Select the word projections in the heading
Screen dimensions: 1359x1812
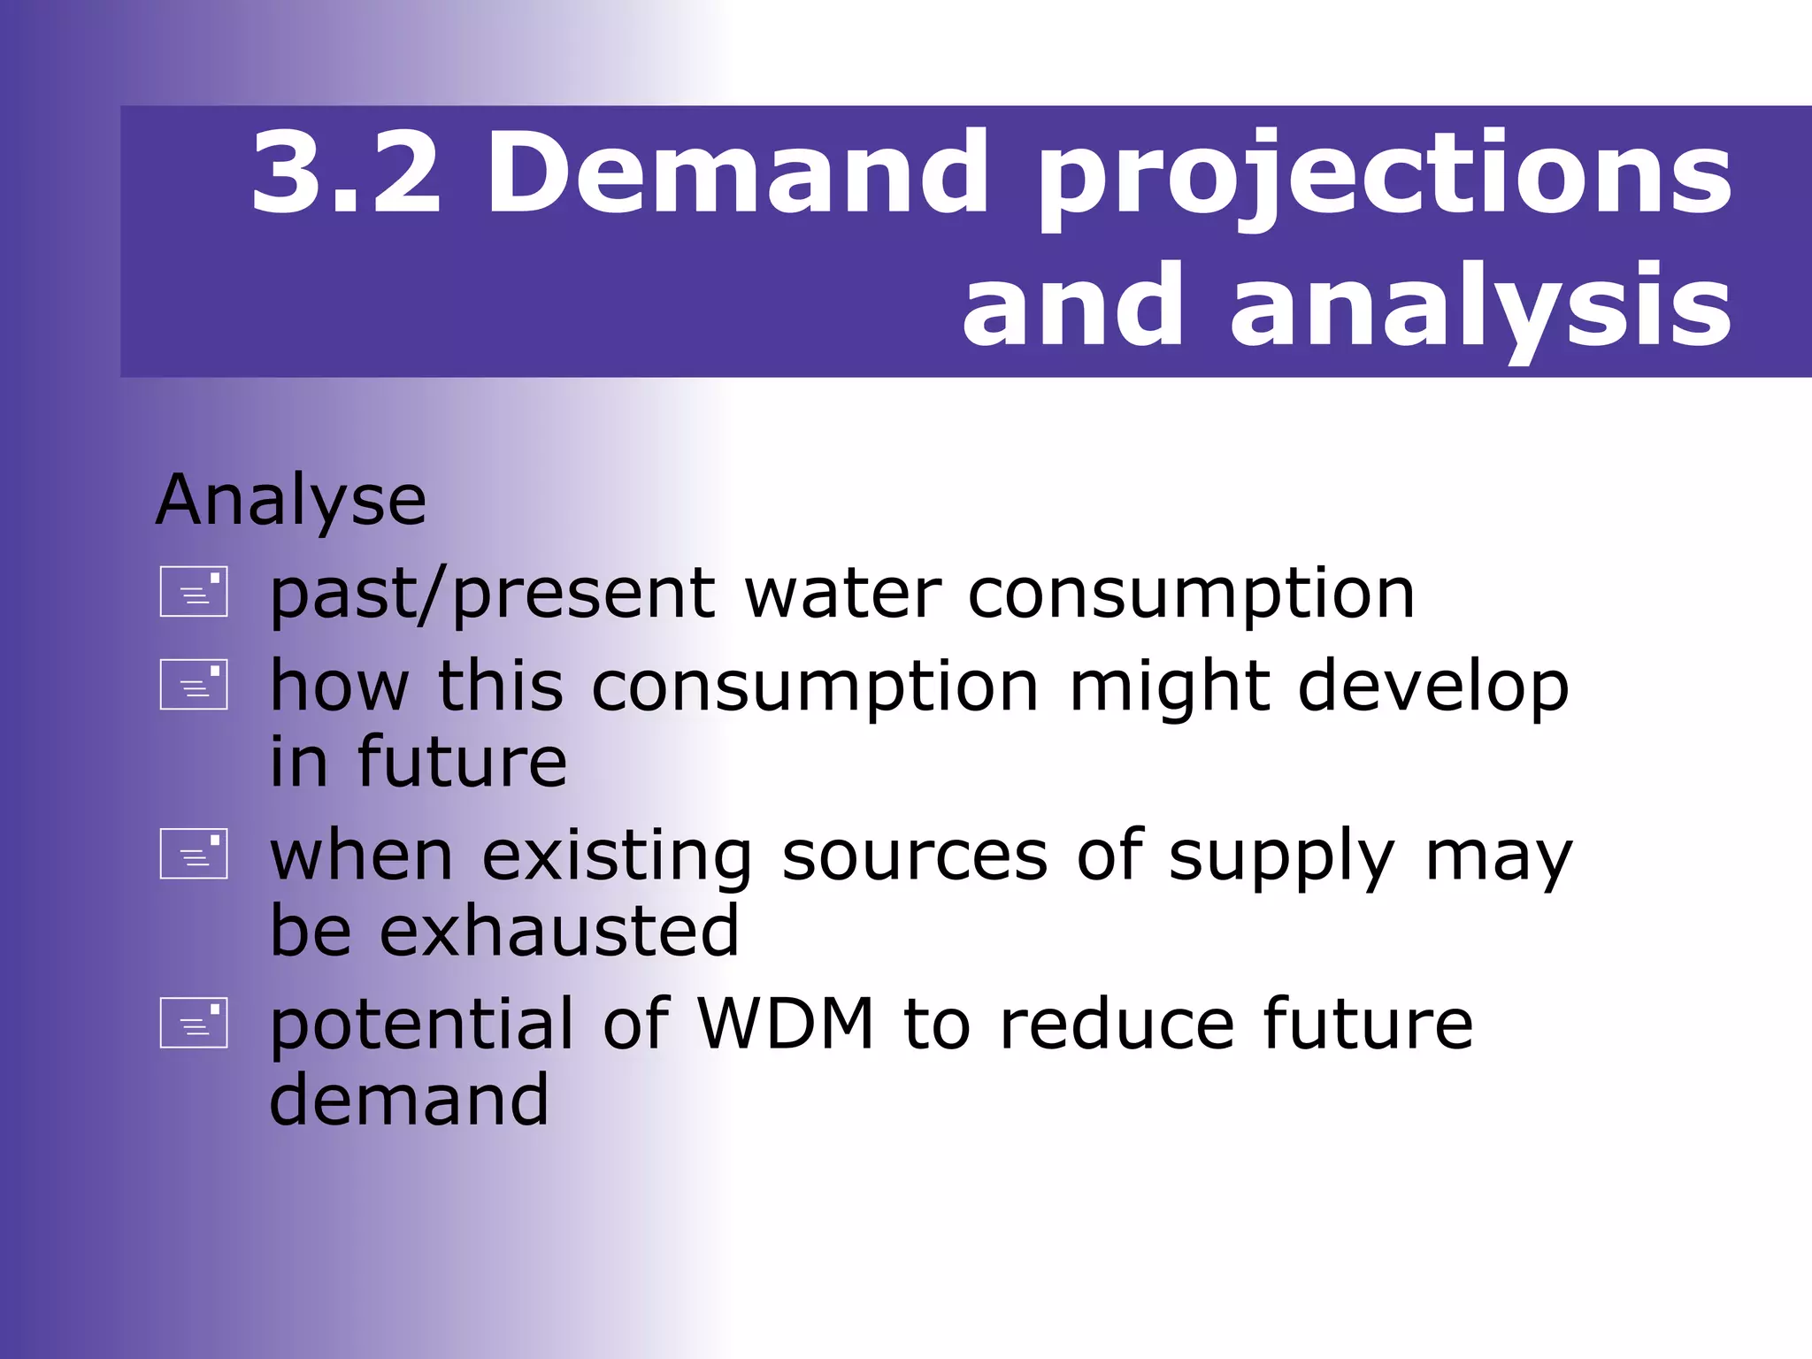pos(1385,177)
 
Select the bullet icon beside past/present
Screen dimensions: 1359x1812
pos(194,592)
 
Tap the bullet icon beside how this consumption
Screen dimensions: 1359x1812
pos(194,685)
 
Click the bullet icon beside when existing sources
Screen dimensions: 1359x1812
pos(194,854)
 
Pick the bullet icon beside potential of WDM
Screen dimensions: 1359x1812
pos(194,1023)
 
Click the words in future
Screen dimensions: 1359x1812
pos(418,763)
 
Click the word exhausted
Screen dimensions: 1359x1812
pos(559,932)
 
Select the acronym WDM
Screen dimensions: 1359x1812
pos(786,1025)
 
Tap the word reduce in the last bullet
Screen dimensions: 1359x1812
pos(1117,1025)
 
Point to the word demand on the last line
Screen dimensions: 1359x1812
pos(409,1101)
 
